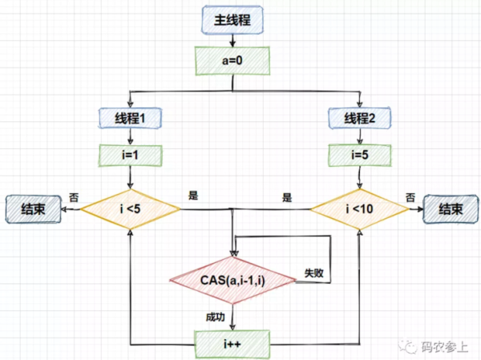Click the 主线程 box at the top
232,20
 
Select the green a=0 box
232,59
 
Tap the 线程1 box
129,119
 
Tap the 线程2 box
360,119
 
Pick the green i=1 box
129,152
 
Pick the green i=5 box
360,152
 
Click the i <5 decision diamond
129,210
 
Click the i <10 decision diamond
360,210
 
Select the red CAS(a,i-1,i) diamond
232,279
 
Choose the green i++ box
232,343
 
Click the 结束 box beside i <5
34,209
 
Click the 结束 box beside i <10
450,209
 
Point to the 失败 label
313,273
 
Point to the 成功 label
216,315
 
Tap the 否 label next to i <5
74,196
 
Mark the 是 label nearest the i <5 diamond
192,196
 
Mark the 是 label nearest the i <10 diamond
286,196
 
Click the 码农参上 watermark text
444,346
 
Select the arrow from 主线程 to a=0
232,39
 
